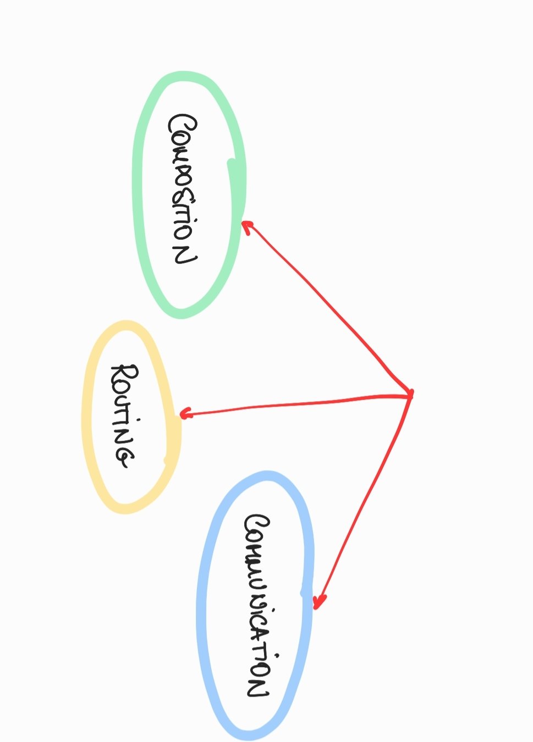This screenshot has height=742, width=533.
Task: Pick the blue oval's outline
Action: tap(201, 605)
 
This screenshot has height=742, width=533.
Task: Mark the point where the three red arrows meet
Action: tap(410, 394)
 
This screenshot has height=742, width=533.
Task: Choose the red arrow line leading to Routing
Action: tap(297, 404)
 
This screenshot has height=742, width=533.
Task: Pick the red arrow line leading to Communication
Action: tap(366, 495)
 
